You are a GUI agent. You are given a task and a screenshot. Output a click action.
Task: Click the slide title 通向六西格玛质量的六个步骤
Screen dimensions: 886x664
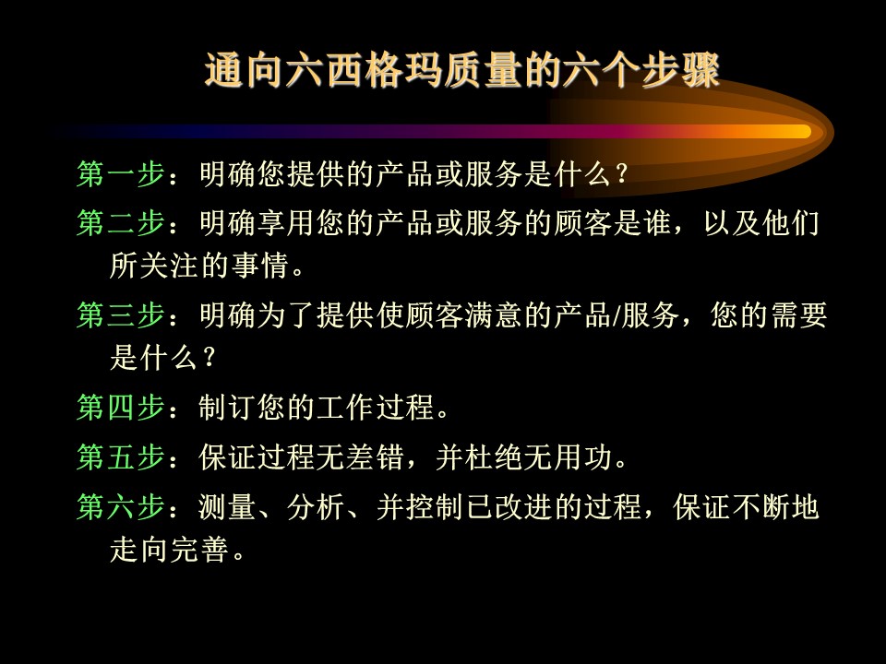point(462,71)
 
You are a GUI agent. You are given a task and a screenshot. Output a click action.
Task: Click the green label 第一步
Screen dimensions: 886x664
point(121,173)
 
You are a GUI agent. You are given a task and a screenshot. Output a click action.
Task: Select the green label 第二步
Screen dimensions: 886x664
point(121,222)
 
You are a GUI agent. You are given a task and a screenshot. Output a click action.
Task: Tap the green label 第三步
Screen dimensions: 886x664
point(121,314)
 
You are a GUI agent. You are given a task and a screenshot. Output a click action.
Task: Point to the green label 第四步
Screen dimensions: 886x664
point(121,407)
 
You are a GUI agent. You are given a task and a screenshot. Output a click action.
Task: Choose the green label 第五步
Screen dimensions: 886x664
point(121,456)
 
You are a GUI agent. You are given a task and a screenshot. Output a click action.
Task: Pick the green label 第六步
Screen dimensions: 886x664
point(121,506)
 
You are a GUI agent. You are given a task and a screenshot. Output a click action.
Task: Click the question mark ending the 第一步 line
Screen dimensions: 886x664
point(621,174)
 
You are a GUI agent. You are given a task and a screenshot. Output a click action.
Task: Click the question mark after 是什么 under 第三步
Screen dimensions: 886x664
point(209,358)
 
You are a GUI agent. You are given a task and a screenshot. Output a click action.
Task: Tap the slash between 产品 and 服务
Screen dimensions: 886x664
point(615,315)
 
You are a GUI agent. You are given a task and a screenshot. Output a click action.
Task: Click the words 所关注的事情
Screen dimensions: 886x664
point(199,265)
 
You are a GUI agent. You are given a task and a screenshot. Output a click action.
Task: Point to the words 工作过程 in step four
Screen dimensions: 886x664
point(376,407)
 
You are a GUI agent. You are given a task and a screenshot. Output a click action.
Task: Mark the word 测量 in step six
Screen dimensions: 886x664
point(227,506)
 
